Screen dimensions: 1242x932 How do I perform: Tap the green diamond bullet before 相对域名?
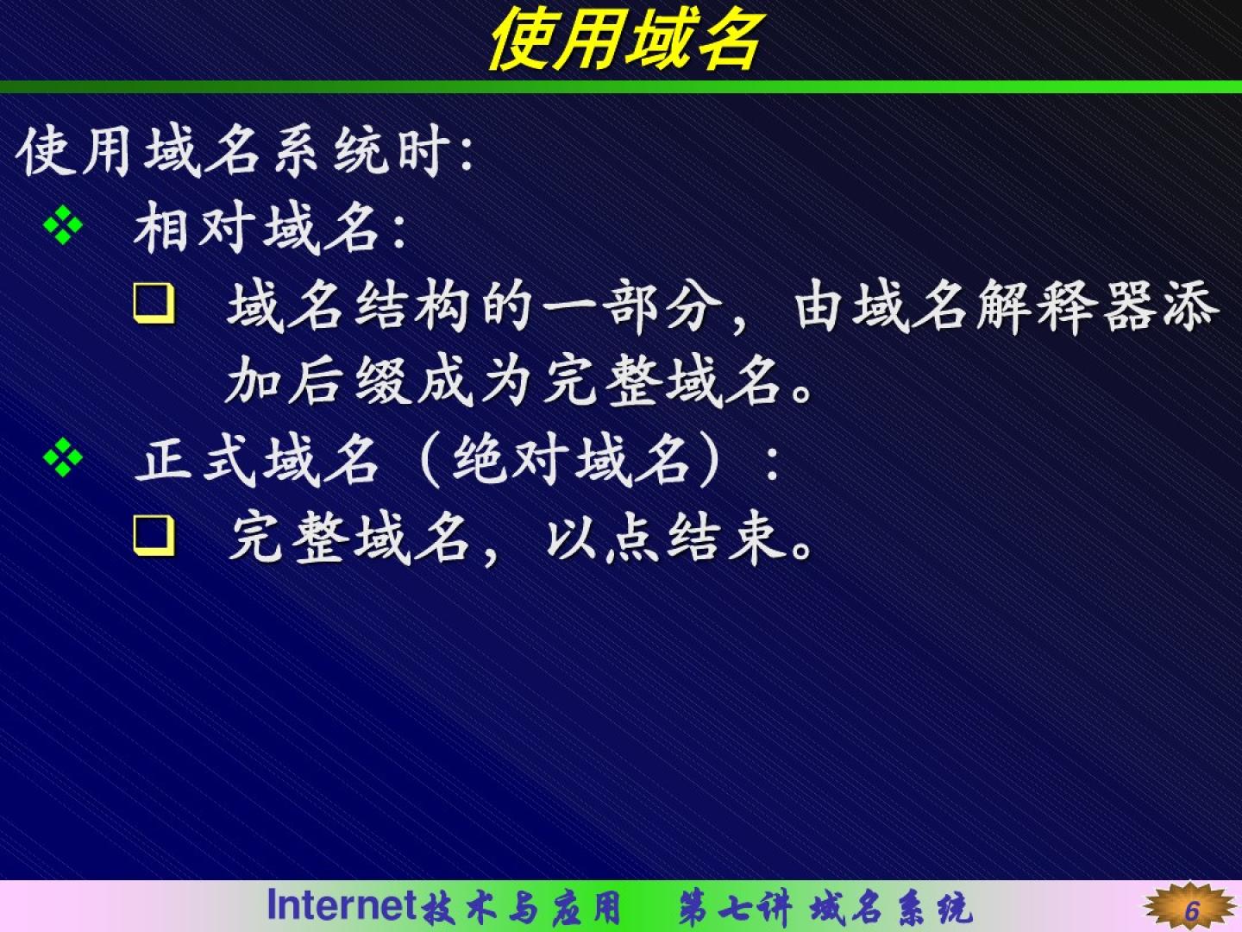63,225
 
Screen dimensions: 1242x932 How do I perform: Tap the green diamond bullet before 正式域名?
63,457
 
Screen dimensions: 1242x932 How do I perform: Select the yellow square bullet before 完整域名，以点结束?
154,535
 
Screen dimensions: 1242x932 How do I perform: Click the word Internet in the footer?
342,904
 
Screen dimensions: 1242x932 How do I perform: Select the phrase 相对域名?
256,230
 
